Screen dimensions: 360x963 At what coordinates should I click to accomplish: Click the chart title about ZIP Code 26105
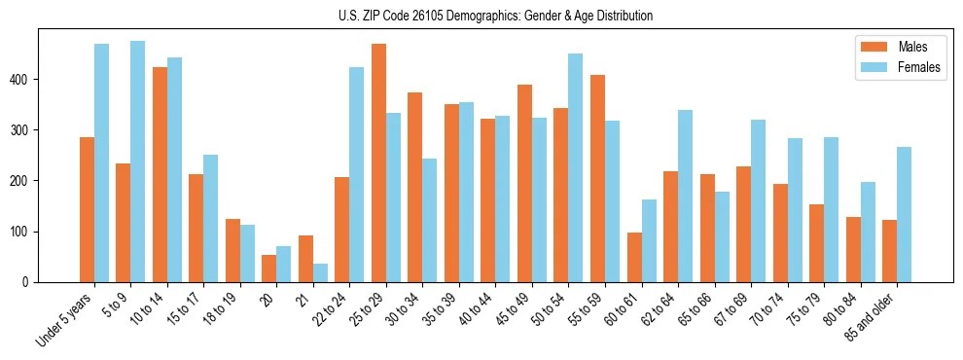point(481,16)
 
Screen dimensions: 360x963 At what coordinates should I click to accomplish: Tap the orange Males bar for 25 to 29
point(378,163)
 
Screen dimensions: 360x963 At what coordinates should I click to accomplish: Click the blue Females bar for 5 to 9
point(137,162)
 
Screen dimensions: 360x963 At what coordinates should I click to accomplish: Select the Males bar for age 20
point(268,269)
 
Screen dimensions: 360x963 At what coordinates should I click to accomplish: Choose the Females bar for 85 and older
point(905,214)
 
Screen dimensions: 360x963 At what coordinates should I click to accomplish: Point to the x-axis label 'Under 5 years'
point(66,318)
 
